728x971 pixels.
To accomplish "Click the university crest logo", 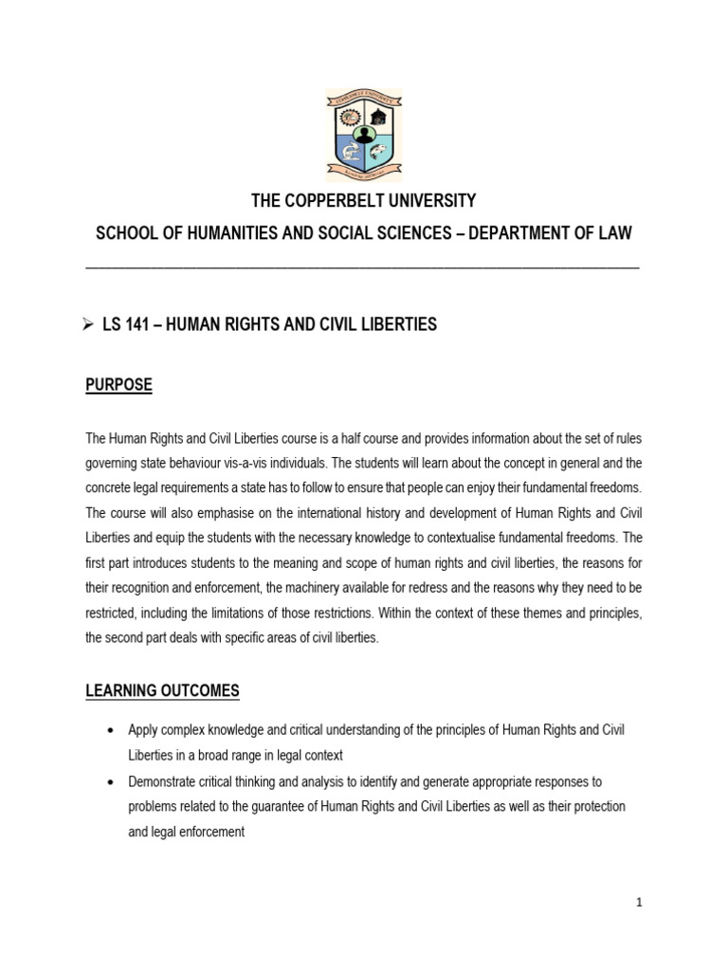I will click(364, 135).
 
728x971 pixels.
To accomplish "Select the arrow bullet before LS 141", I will click(92, 325).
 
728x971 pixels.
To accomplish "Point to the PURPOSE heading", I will click(118, 386).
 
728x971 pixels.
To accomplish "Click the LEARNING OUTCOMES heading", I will click(162, 691).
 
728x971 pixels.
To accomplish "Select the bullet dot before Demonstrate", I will click(113, 781).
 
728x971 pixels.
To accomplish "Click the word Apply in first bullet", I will click(143, 730).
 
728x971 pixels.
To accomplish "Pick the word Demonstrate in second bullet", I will click(164, 781).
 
